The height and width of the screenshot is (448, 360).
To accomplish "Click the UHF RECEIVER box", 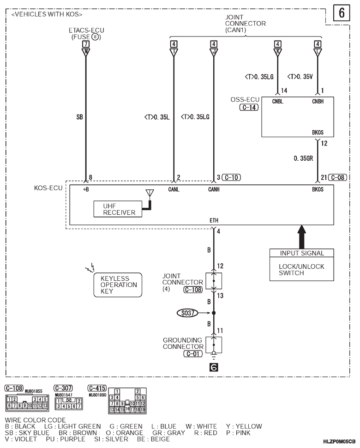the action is (118, 209).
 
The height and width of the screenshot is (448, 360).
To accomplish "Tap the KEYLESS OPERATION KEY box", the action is (118, 285).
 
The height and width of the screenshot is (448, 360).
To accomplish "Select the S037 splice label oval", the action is (187, 313).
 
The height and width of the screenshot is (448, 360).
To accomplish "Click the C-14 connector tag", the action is (249, 108).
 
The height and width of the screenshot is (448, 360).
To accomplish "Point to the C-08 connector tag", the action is (338, 177).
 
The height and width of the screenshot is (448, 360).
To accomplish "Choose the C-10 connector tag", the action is (231, 177).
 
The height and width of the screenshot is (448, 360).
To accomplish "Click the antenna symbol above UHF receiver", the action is (150, 193).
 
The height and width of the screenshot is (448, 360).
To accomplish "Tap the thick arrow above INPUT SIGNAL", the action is (302, 237).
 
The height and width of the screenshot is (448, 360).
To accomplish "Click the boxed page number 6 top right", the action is (342, 13).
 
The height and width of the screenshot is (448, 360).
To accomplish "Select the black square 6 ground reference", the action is (214, 367).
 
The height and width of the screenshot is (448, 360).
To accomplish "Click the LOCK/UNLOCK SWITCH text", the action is (301, 270).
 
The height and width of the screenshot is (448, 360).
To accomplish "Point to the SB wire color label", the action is (80, 117).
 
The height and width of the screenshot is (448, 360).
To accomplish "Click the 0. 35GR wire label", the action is (303, 158).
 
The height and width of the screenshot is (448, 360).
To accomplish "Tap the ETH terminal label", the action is (214, 220).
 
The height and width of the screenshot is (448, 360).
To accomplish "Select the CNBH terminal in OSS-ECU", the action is (318, 102).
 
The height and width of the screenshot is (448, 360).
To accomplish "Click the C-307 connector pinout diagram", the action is (69, 403).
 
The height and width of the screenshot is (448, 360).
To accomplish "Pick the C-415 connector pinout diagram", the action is (127, 400).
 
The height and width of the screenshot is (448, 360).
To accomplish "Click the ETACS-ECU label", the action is (86, 30).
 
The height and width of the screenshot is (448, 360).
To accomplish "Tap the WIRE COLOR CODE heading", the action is (35, 420).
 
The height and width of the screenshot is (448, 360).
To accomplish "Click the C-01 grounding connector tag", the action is (193, 354).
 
